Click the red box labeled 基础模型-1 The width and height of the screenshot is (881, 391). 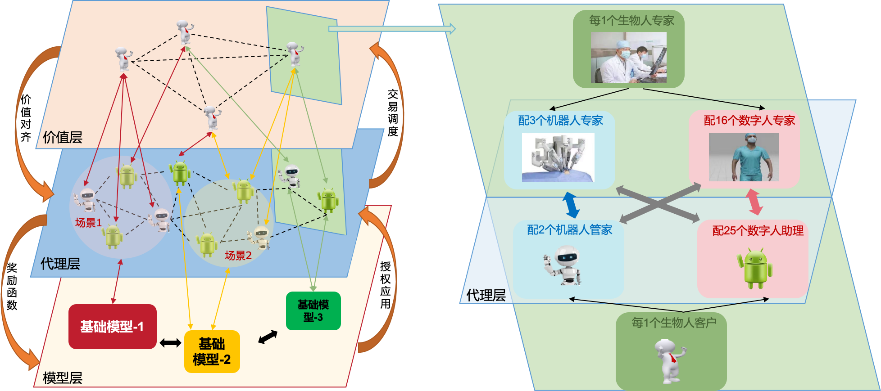(x=112, y=327)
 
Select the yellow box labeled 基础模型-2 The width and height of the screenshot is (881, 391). (x=212, y=352)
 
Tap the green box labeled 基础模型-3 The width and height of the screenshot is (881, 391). (x=313, y=311)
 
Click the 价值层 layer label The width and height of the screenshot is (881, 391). (x=63, y=137)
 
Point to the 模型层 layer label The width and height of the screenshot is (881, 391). (x=63, y=378)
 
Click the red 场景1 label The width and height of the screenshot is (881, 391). (x=88, y=223)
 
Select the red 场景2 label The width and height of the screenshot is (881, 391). (x=238, y=256)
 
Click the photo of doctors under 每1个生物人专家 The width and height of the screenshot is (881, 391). (x=628, y=58)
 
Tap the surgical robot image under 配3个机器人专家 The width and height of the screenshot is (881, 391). (x=558, y=157)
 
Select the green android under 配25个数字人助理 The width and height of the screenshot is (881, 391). (x=755, y=269)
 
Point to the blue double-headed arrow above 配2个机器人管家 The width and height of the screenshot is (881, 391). (x=571, y=205)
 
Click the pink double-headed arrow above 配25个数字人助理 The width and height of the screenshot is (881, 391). (x=754, y=202)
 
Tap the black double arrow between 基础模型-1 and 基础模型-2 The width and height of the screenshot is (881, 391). (x=170, y=343)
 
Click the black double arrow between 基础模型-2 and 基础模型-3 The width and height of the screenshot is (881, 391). (x=268, y=337)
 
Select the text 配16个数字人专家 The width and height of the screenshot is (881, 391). (x=749, y=121)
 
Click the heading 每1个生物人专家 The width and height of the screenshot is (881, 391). (x=631, y=21)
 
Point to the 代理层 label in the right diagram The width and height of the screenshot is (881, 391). (x=486, y=295)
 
